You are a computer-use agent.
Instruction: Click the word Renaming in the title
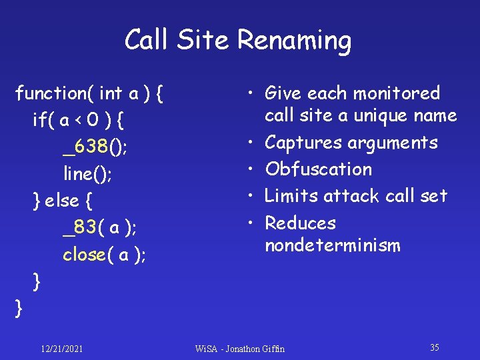pyautogui.click(x=294, y=41)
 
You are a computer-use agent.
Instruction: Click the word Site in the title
pyautogui.click(x=204, y=41)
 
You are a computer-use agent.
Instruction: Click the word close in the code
pyautogui.click(x=84, y=254)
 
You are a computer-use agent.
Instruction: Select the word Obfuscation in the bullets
pyautogui.click(x=318, y=169)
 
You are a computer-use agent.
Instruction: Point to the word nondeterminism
pyautogui.click(x=332, y=245)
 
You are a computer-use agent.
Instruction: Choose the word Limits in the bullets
pyautogui.click(x=291, y=196)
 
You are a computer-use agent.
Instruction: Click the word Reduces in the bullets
pyautogui.click(x=300, y=223)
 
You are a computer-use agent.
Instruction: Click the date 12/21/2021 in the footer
pyautogui.click(x=61, y=349)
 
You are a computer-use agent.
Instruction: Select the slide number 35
pyautogui.click(x=435, y=347)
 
